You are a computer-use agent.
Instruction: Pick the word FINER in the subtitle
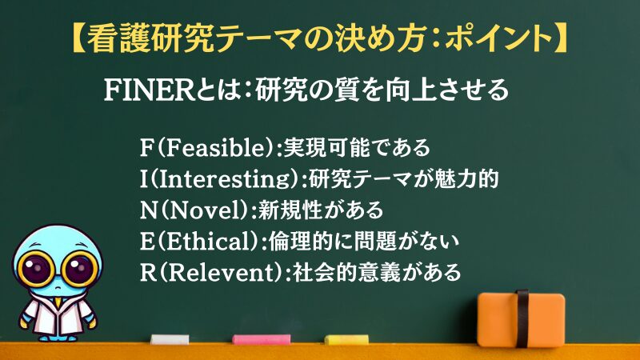149,90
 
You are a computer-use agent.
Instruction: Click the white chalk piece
170,339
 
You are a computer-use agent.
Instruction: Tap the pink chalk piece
262,339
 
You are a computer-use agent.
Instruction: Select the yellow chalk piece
346,339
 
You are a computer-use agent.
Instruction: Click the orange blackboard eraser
522,318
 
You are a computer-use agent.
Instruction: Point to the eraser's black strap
522,318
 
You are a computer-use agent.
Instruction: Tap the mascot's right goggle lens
79,269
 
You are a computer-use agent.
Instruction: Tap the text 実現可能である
357,148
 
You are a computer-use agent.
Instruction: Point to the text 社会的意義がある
377,272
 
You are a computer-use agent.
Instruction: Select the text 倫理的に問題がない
364,242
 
